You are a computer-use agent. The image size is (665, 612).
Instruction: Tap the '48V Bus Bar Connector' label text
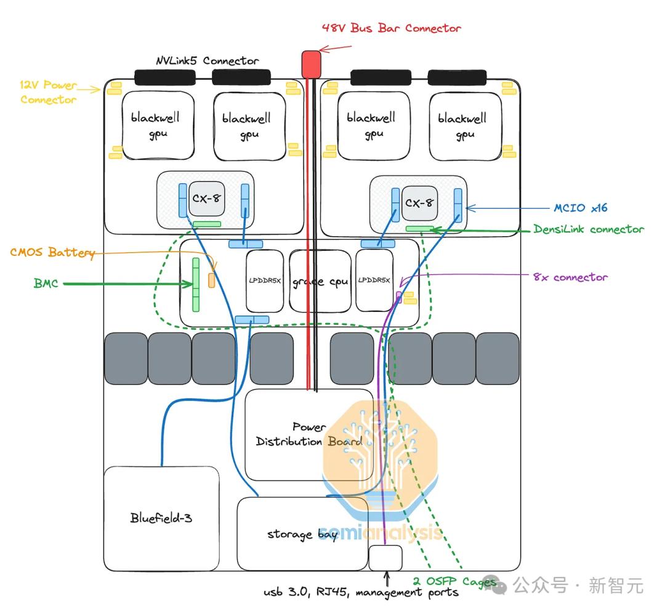pyautogui.click(x=392, y=28)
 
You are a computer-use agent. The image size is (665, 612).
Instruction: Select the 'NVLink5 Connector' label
pyautogui.click(x=207, y=61)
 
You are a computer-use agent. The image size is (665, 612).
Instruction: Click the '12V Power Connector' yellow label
pyautogui.click(x=49, y=92)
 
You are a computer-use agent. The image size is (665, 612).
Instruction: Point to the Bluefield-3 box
pyautogui.click(x=161, y=518)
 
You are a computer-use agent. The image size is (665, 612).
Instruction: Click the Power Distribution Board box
pyautogui.click(x=309, y=434)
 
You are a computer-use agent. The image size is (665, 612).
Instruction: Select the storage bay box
pyautogui.click(x=302, y=534)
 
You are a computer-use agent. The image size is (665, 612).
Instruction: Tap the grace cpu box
pyautogui.click(x=320, y=282)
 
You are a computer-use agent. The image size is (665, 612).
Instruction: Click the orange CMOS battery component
pyautogui.click(x=211, y=280)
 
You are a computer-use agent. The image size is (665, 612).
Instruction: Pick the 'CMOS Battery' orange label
pyautogui.click(x=52, y=253)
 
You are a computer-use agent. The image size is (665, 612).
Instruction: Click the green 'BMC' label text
pyautogui.click(x=46, y=284)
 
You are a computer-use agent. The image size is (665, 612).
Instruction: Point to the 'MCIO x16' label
pyautogui.click(x=581, y=208)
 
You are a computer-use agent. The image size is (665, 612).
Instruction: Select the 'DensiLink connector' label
pyautogui.click(x=589, y=229)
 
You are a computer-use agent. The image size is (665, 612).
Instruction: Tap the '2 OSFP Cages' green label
pyautogui.click(x=454, y=581)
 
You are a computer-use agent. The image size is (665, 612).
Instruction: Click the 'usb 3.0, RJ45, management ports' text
pyautogui.click(x=361, y=592)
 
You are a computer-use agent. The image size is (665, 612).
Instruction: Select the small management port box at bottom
pyautogui.click(x=385, y=558)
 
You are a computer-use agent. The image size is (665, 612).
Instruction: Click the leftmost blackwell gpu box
pyautogui.click(x=158, y=125)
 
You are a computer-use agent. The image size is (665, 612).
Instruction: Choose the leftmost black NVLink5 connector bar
pyautogui.click(x=164, y=77)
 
